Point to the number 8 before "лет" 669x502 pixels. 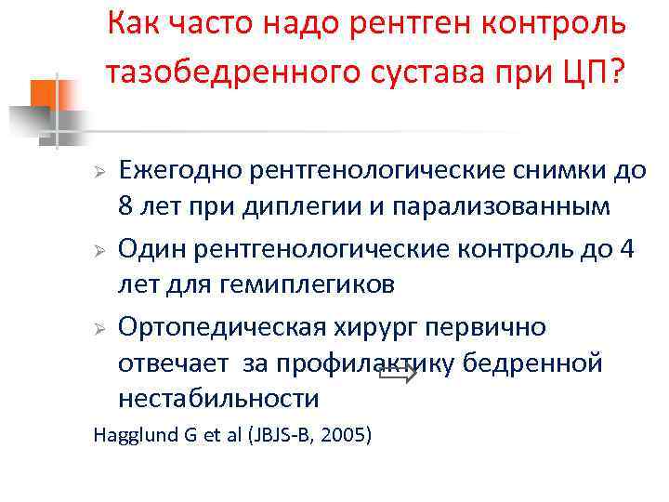125,205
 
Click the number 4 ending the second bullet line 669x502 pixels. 624,249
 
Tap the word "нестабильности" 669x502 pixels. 218,399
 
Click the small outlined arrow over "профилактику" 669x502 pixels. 399,375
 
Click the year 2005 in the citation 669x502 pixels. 347,435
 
